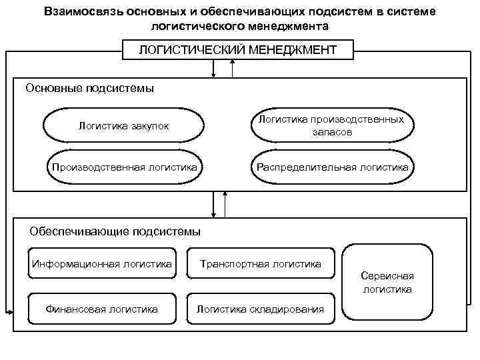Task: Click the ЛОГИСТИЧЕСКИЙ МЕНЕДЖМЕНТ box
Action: coord(238,50)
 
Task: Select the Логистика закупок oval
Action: coord(123,126)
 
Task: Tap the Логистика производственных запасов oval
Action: coord(331,126)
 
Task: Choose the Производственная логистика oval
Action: coord(125,167)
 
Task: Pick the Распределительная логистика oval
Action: coord(331,167)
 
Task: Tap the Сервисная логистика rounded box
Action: coord(387,282)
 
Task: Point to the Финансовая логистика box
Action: coord(101,309)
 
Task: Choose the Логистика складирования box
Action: coord(260,309)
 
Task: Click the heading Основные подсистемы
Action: coord(89,88)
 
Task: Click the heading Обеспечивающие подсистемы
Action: coord(115,231)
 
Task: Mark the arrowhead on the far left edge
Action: coord(9,311)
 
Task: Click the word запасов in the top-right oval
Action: coord(331,133)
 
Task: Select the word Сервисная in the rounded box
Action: coord(387,275)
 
